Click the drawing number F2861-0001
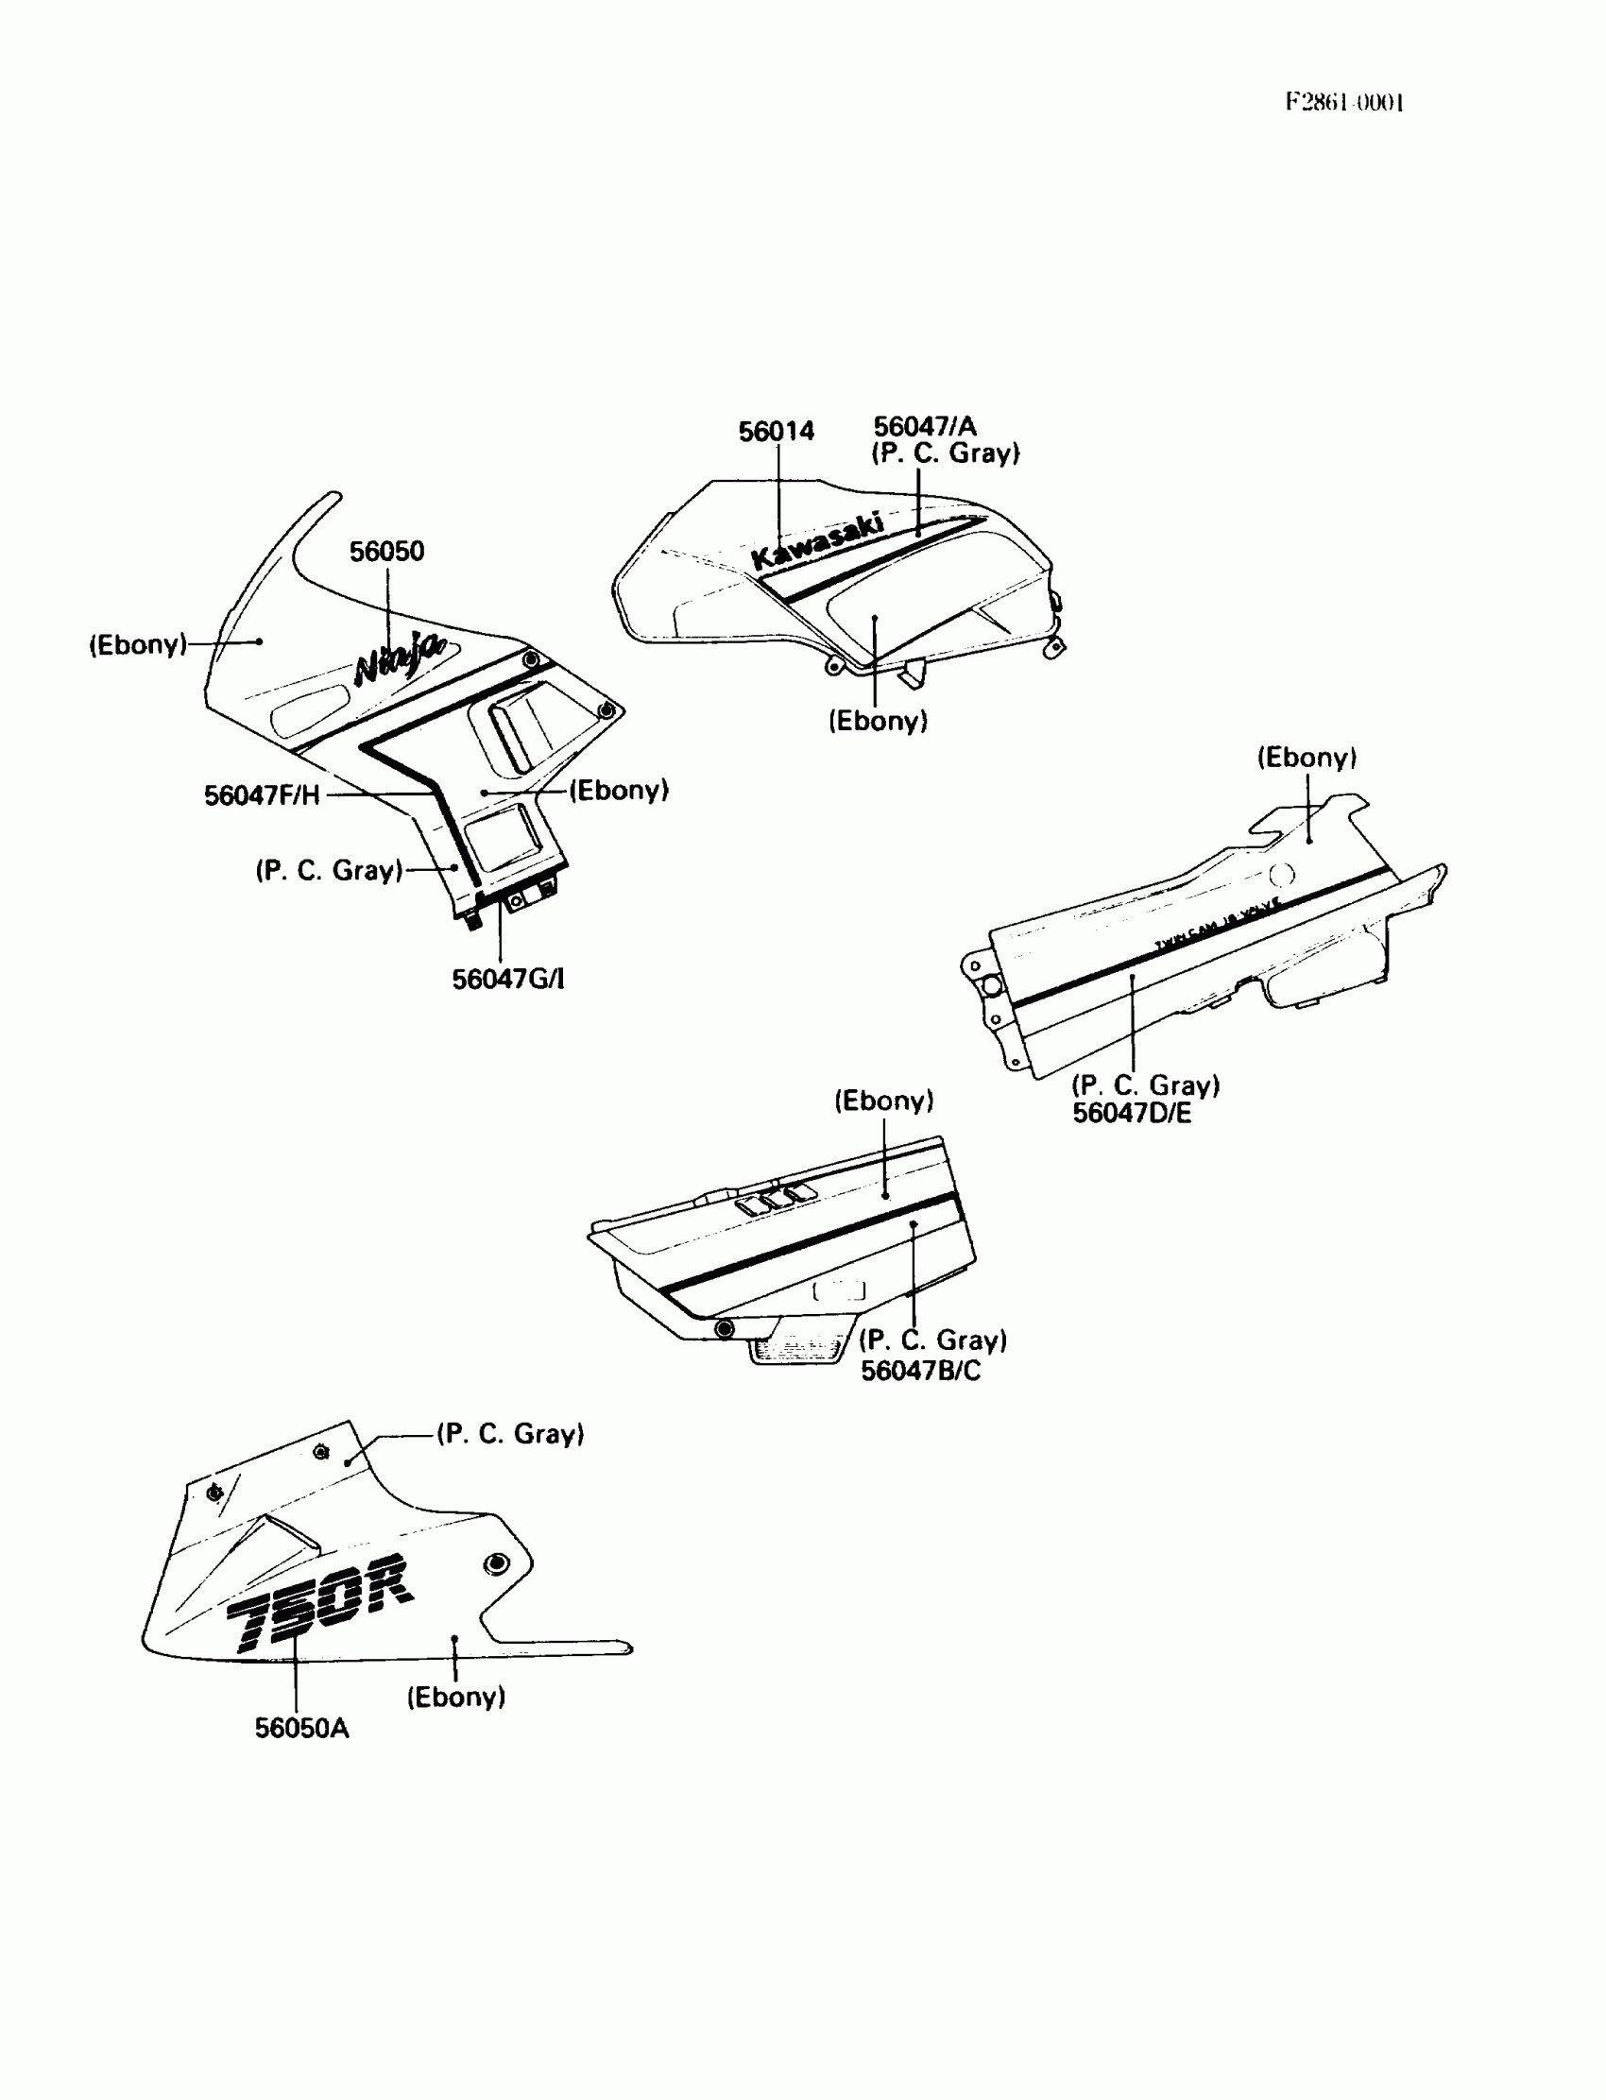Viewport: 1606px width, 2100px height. click(x=1343, y=102)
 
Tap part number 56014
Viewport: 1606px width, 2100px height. click(x=777, y=432)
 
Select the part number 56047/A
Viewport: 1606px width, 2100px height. click(x=925, y=426)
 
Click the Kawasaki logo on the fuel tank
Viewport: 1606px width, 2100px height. click(x=817, y=541)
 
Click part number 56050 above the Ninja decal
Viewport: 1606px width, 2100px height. click(x=386, y=552)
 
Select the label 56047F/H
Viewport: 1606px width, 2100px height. click(x=262, y=795)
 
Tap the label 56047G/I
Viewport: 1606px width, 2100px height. click(x=507, y=979)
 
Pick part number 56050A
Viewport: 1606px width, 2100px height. click(x=301, y=1728)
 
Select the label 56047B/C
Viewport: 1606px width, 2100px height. click(x=919, y=1371)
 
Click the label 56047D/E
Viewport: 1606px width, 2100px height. click(x=1132, y=1113)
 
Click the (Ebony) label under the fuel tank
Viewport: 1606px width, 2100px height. click(x=878, y=721)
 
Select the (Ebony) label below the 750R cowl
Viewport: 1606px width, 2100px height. click(x=456, y=1697)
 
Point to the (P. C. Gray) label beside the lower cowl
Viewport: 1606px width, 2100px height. click(x=510, y=1434)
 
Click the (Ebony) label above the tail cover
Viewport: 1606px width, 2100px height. click(x=1306, y=758)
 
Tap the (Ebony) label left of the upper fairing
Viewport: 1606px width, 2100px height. click(x=138, y=644)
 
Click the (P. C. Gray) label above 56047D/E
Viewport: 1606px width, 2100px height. click(x=1145, y=1084)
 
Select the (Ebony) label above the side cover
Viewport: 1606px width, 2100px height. click(x=883, y=1101)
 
